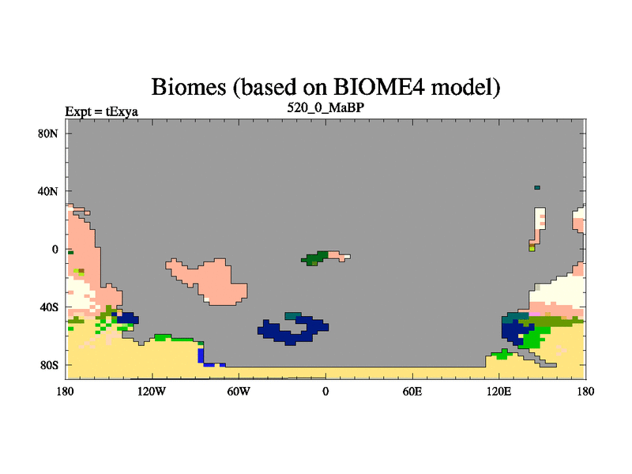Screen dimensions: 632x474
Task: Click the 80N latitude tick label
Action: point(48,134)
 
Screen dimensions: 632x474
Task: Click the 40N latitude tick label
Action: point(48,191)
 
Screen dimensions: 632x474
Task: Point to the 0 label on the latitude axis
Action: point(55,250)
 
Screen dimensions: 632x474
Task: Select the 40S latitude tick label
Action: point(49,307)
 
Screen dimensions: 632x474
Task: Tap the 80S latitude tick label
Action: point(49,366)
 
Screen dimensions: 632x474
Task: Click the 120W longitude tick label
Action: point(152,391)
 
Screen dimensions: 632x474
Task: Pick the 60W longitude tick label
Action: point(239,391)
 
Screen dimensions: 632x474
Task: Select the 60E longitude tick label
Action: point(412,391)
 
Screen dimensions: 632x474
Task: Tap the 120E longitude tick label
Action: point(499,391)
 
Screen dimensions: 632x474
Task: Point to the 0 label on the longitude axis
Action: point(325,391)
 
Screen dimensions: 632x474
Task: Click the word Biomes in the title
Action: point(189,87)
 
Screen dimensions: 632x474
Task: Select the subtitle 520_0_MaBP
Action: point(325,108)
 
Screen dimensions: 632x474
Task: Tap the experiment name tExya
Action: point(122,111)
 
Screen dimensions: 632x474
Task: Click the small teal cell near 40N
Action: point(537,187)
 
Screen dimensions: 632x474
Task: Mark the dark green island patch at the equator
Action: point(315,258)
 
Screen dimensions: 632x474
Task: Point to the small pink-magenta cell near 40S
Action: point(535,314)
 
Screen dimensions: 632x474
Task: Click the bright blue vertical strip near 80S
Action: point(201,355)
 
